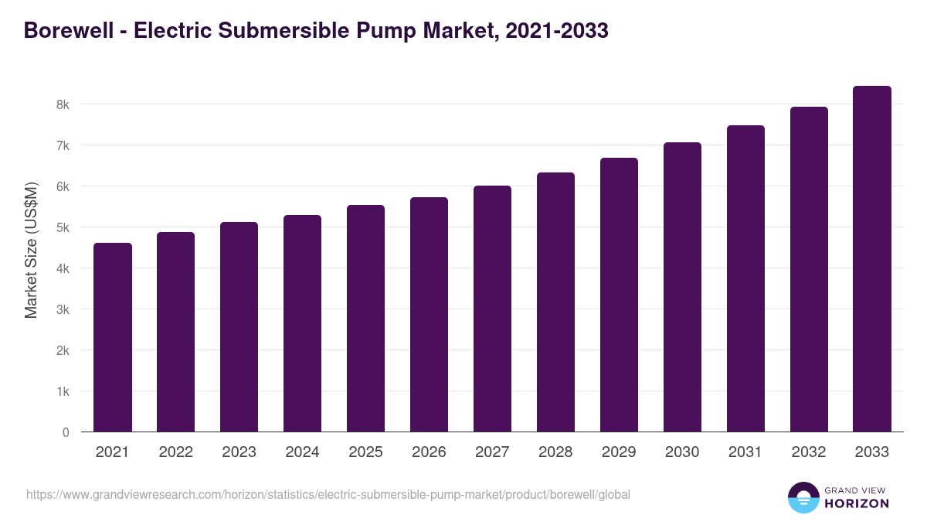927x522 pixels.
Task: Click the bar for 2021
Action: (x=113, y=337)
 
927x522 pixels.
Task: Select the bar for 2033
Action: (x=872, y=259)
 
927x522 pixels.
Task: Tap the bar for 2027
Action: (x=492, y=309)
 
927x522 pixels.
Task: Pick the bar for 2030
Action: (x=682, y=287)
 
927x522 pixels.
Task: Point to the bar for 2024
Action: (x=302, y=323)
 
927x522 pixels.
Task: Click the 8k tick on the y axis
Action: (x=63, y=104)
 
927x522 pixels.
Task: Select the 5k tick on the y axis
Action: (x=63, y=227)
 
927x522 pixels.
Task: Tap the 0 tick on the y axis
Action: (x=66, y=432)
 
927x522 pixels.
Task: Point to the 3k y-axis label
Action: (x=63, y=309)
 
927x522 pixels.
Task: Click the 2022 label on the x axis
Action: (x=175, y=452)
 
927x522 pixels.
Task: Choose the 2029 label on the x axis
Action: (x=619, y=452)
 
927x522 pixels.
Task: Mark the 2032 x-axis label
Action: (x=809, y=452)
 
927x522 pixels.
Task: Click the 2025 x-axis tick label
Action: (x=365, y=452)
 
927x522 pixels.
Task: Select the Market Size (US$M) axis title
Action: (x=32, y=251)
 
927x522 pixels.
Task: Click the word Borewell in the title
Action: (x=66, y=30)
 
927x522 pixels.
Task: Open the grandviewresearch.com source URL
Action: (x=328, y=494)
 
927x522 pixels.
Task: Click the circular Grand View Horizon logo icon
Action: (x=803, y=497)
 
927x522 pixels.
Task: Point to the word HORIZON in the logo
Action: (x=857, y=503)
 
